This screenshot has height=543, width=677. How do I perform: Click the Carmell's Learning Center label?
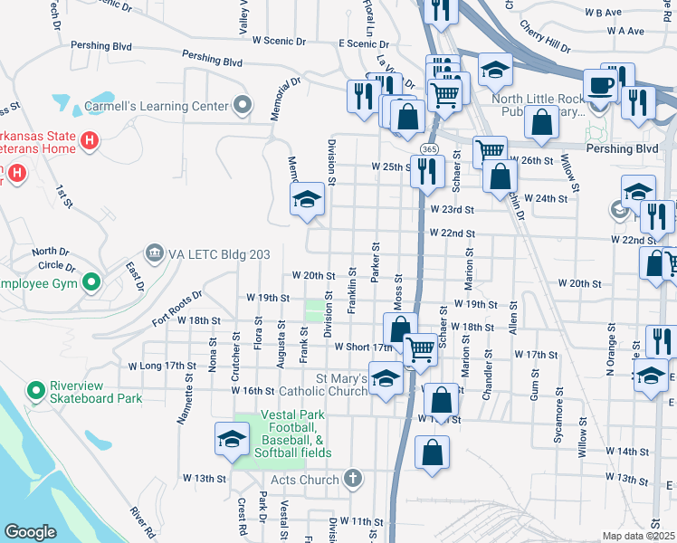coord(156,106)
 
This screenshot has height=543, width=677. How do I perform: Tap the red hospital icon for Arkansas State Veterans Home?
coord(90,141)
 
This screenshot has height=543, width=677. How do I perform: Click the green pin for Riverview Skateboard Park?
coord(36,391)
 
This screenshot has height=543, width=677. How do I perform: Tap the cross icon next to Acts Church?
coord(352,479)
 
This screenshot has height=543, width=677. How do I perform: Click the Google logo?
coord(31,531)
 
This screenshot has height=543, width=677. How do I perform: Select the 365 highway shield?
coord(430,148)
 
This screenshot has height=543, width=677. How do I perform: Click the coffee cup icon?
coord(600,87)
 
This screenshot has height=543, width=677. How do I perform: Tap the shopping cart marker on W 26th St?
coord(490,151)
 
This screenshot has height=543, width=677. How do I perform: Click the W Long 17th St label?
coord(162,366)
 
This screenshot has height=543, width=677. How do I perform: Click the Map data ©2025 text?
coord(638,536)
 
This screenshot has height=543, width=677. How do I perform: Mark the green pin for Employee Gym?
coord(90,283)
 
